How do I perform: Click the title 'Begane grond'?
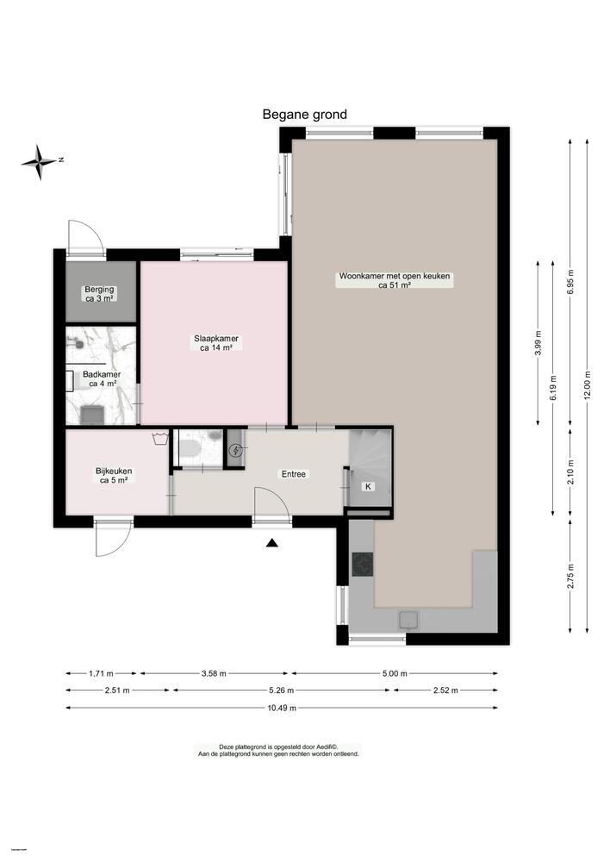pyautogui.click(x=304, y=115)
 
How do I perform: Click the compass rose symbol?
pyautogui.click(x=40, y=160)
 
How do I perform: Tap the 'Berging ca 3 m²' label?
pyautogui.click(x=101, y=293)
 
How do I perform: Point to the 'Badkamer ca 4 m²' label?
pyautogui.click(x=102, y=379)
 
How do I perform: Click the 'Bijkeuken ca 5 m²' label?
pyautogui.click(x=113, y=476)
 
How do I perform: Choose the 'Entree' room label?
pyautogui.click(x=294, y=474)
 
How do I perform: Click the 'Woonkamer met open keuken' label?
pyautogui.click(x=395, y=281)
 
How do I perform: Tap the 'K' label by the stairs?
pyautogui.click(x=368, y=487)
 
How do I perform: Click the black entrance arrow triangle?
pyautogui.click(x=272, y=542)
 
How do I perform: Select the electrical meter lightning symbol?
pyautogui.click(x=236, y=450)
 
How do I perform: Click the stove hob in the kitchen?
pyautogui.click(x=363, y=565)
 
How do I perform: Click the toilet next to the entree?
pyautogui.click(x=191, y=449)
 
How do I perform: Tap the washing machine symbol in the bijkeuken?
pyautogui.click(x=159, y=439)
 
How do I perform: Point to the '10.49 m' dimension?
pyautogui.click(x=282, y=708)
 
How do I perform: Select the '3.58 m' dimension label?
pyautogui.click(x=215, y=673)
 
